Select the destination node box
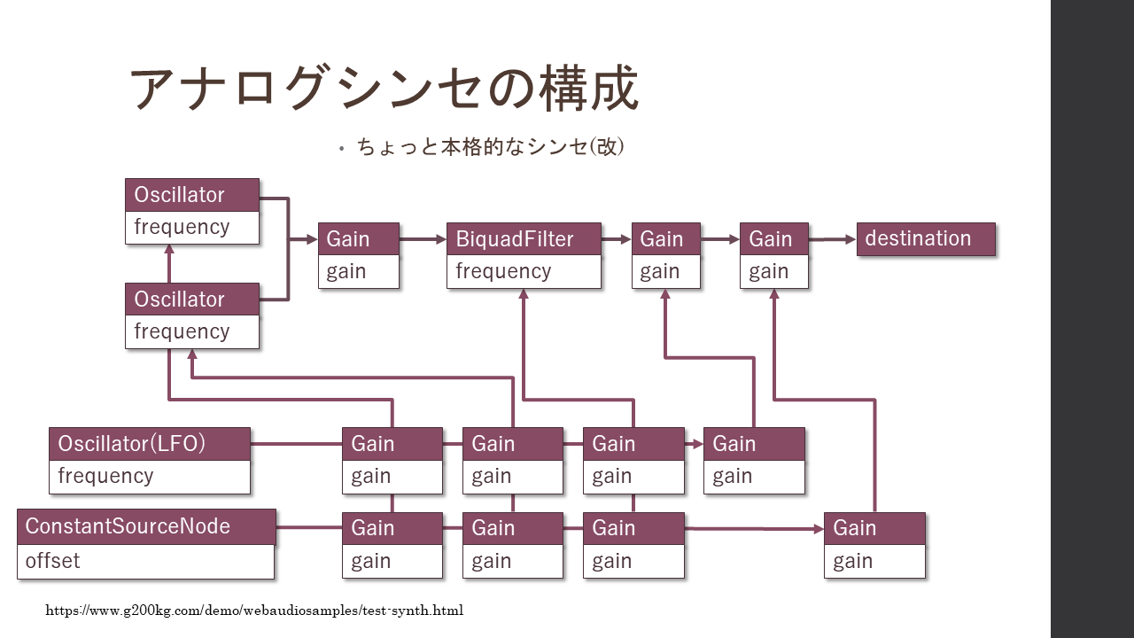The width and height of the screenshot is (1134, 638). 926,239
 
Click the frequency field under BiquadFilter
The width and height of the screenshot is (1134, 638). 524,272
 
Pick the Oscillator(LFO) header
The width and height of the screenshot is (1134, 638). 150,444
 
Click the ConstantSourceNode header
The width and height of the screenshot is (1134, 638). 146,526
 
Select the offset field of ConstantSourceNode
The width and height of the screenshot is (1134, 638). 146,562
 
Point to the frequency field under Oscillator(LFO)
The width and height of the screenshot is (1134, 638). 150,477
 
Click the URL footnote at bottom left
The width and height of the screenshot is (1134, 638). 254,611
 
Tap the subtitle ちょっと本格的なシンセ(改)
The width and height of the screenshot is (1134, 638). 491,147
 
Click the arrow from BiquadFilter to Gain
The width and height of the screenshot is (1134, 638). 616,239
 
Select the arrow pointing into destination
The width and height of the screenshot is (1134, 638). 833,239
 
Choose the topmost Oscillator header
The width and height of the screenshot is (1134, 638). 192,195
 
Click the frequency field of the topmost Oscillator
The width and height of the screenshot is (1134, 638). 192,228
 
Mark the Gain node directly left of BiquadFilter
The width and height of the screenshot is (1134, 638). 359,255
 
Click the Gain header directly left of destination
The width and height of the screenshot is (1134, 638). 774,239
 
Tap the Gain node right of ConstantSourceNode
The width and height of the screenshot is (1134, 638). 392,545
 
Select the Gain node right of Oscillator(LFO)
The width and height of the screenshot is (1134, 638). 392,461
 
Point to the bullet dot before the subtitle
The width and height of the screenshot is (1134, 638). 342,149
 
